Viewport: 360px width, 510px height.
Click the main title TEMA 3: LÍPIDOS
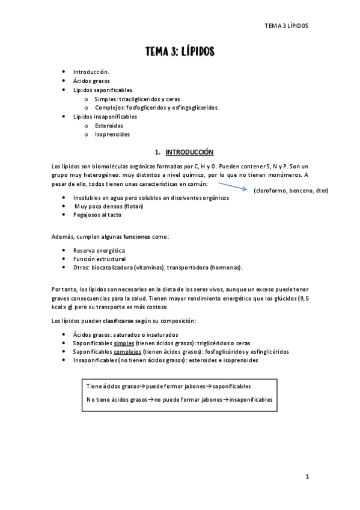[180, 52]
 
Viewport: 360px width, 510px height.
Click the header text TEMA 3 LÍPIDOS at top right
[290, 26]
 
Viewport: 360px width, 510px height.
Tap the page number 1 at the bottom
[307, 476]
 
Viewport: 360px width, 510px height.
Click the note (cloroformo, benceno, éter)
[291, 191]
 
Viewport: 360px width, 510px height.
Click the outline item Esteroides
[109, 126]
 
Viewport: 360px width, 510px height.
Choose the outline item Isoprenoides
[112, 134]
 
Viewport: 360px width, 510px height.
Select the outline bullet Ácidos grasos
[91, 81]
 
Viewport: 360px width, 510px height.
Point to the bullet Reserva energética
[99, 250]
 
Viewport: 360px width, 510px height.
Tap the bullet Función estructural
[99, 259]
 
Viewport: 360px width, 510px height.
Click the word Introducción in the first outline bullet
[91, 72]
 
